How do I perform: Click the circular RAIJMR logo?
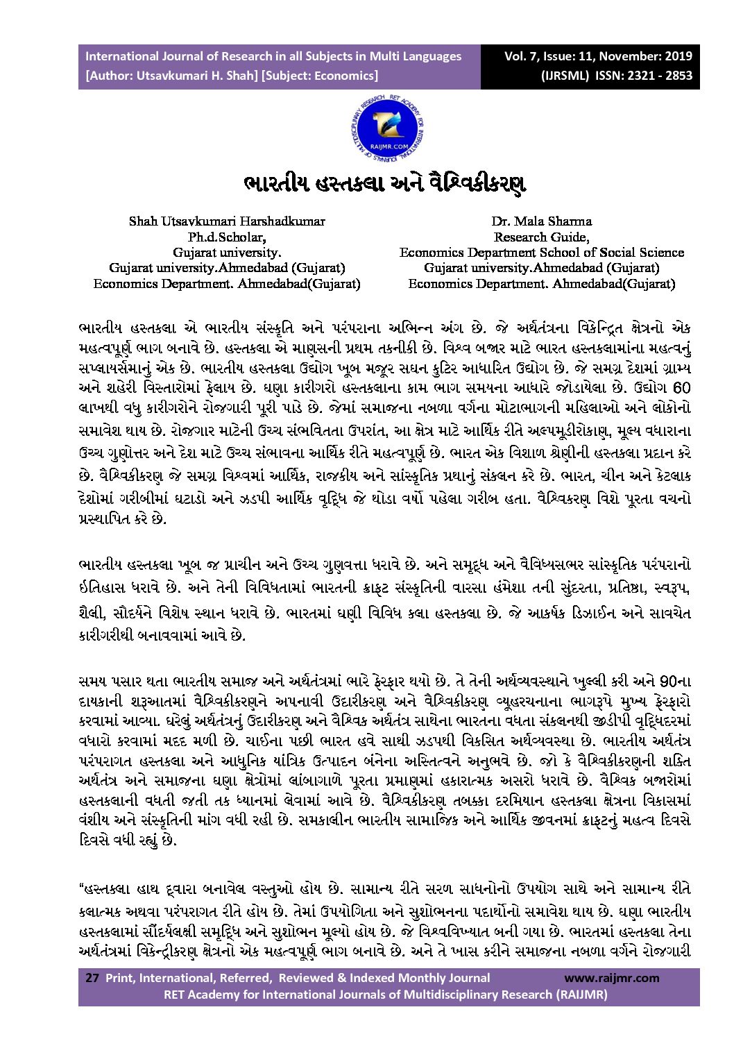[x=386, y=128]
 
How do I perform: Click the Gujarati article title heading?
[x=384, y=183]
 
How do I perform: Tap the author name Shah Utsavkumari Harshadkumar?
[x=227, y=221]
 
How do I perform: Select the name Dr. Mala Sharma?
[x=541, y=221]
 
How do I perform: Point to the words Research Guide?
[x=541, y=237]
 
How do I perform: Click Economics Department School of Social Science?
[x=541, y=253]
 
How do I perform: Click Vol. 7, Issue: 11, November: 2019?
[x=598, y=56]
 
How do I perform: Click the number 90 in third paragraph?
[x=667, y=680]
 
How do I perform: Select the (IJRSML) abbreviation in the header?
[x=565, y=76]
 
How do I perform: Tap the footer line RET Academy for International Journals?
[x=385, y=994]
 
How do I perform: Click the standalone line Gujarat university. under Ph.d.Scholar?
[x=227, y=253]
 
